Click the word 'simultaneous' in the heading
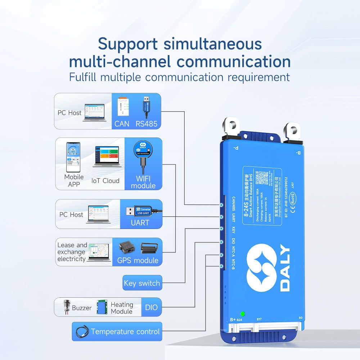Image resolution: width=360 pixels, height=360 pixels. tap(212, 44)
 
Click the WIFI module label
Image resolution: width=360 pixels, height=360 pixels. tap(143, 182)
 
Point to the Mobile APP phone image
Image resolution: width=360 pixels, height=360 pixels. tap(73, 157)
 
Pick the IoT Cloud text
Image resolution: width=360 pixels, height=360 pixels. tap(105, 181)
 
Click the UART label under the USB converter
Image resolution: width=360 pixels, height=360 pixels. tap(140, 223)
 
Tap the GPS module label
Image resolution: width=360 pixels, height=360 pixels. tap(138, 260)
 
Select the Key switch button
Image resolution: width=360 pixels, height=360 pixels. tap(141, 283)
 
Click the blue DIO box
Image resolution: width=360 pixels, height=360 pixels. tap(151, 308)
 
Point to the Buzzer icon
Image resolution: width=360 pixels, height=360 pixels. tap(67, 307)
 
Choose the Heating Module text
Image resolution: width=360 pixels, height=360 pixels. tap(122, 308)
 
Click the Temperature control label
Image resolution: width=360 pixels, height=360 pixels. tap(125, 332)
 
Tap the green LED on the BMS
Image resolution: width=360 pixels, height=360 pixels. tap(243, 314)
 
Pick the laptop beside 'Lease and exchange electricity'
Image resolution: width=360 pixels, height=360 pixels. tap(98, 252)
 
